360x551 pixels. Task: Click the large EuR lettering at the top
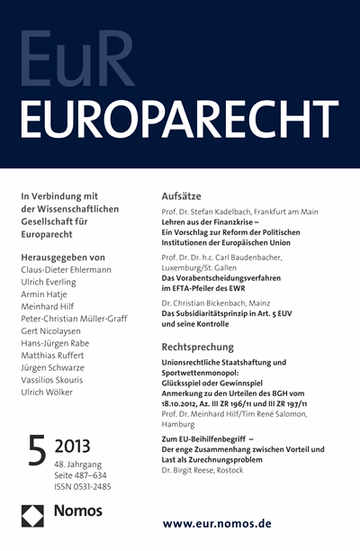79,58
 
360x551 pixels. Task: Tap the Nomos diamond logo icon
33,517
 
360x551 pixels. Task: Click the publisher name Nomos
82,517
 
